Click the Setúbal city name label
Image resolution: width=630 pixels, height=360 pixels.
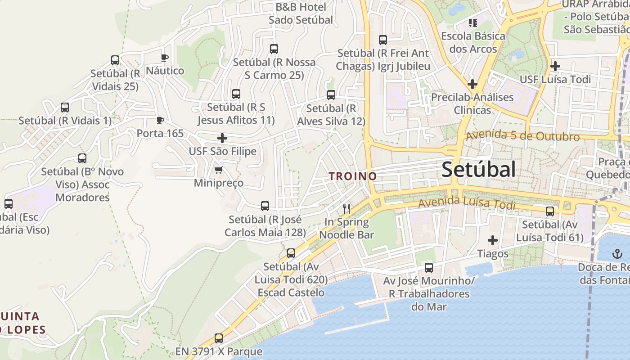pyautogui.click(x=478, y=170)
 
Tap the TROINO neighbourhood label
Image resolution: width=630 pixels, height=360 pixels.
pyautogui.click(x=353, y=176)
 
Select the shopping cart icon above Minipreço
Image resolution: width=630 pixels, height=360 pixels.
pyautogui.click(x=219, y=170)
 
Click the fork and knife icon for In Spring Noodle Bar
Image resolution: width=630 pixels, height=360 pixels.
pyautogui.click(x=346, y=208)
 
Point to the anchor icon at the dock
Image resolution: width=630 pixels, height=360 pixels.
pyautogui.click(x=617, y=254)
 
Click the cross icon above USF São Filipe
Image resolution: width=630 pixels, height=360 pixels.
pyautogui.click(x=222, y=138)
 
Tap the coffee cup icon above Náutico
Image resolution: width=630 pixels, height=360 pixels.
pyautogui.click(x=165, y=58)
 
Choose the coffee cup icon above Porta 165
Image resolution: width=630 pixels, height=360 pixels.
pyautogui.click(x=160, y=120)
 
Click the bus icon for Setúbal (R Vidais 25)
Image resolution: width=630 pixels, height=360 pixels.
pyautogui.click(x=115, y=60)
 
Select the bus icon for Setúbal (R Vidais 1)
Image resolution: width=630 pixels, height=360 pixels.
pyautogui.click(x=65, y=108)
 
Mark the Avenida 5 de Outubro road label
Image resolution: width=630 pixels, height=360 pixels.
pyautogui.click(x=522, y=136)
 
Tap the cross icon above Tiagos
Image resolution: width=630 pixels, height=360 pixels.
pyautogui.click(x=493, y=240)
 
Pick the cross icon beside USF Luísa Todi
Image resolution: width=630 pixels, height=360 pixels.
pyautogui.click(x=555, y=66)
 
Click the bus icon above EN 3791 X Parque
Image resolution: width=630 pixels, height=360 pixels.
pyautogui.click(x=219, y=338)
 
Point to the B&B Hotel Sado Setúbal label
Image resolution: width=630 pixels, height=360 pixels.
pyautogui.click(x=301, y=13)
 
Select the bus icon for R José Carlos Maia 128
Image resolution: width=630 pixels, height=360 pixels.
pyautogui.click(x=265, y=206)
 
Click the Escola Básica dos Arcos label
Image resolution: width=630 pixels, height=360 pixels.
pyautogui.click(x=473, y=42)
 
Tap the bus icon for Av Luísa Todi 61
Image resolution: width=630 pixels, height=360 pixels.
pyautogui.click(x=550, y=211)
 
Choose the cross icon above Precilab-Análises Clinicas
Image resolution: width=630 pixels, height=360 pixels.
pyautogui.click(x=472, y=84)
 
